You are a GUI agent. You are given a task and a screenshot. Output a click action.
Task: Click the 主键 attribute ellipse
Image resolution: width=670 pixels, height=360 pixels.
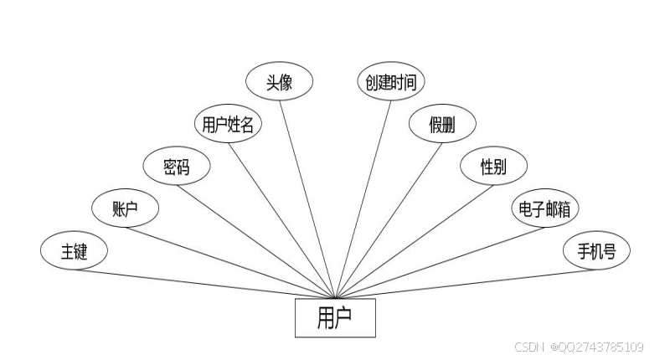(74, 251)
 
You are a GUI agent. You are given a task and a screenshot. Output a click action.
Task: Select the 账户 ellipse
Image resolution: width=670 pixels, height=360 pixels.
(125, 208)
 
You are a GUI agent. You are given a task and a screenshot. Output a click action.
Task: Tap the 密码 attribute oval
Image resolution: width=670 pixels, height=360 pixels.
(176, 167)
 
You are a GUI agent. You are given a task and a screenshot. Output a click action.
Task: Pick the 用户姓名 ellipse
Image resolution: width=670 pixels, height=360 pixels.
(228, 125)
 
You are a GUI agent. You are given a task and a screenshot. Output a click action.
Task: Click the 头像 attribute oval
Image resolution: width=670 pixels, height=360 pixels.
(279, 82)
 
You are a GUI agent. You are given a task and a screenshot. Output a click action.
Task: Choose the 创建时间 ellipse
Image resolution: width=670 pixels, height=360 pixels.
(390, 82)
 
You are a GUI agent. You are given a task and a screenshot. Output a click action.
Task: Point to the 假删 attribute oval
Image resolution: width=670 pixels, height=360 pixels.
(442, 125)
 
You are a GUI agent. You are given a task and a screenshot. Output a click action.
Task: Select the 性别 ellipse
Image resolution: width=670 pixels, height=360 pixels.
(493, 167)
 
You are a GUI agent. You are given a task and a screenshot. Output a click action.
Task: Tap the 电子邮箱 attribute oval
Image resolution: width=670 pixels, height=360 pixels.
(544, 208)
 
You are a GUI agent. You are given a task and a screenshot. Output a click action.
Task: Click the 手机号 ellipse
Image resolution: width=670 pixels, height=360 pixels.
(595, 251)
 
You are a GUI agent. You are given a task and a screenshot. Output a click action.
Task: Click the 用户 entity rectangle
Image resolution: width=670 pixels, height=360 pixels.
(335, 318)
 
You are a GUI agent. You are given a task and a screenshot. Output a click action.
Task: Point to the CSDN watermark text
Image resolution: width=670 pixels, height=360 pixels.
(529, 347)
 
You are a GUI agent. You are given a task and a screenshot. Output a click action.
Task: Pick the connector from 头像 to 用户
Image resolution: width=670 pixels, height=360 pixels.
(307, 197)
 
